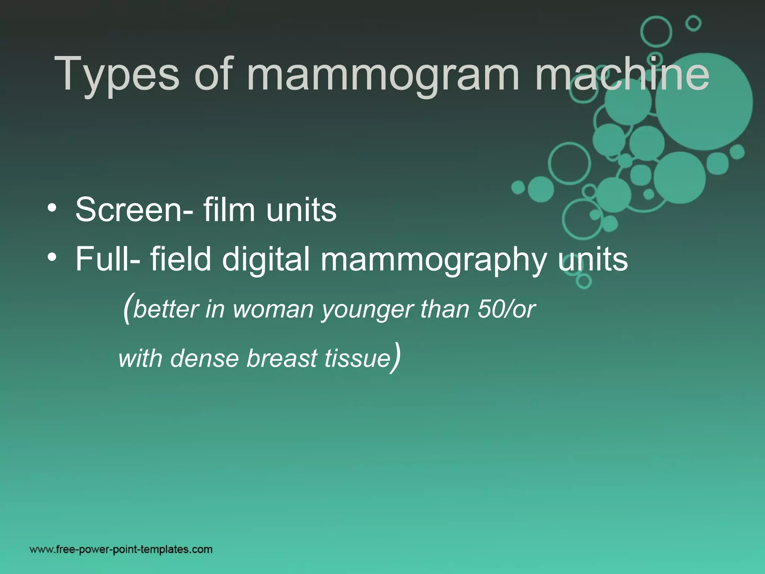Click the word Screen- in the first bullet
pos(134,210)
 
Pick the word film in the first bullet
pos(229,210)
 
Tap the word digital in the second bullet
pos(266,260)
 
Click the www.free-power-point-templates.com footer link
pos(121,549)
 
